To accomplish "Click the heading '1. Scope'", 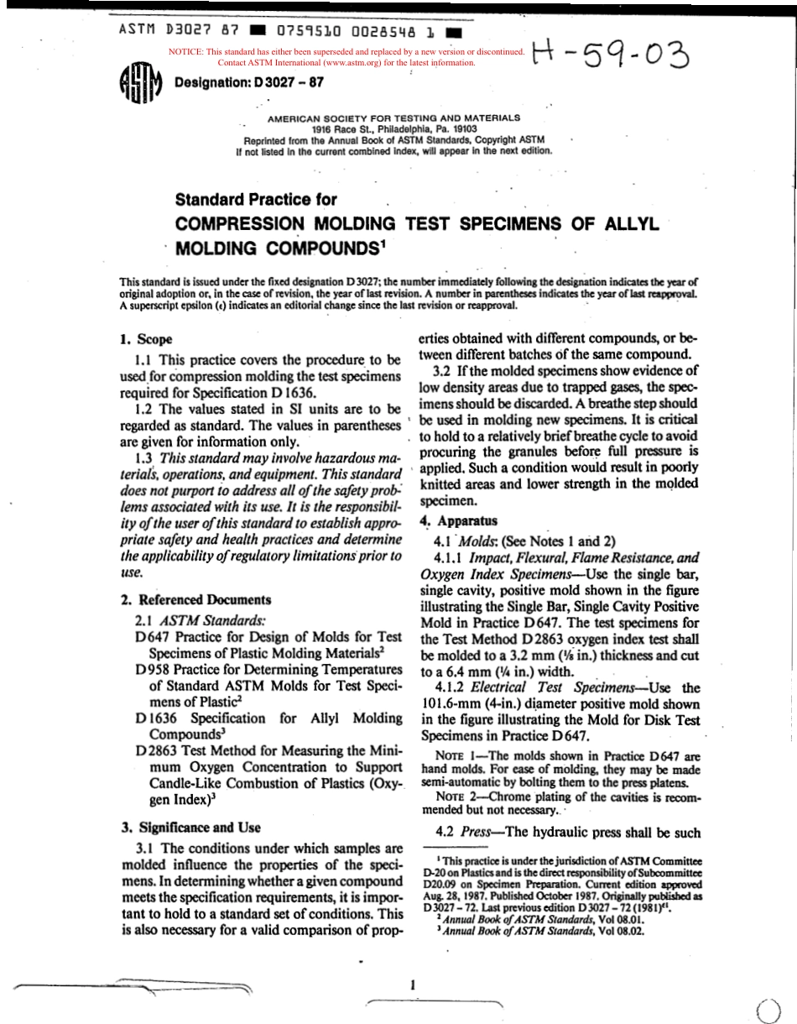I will tap(147, 340).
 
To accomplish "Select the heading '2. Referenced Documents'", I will tap(195, 599).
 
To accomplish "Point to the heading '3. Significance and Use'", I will tap(191, 827).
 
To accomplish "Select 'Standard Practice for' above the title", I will tap(256, 201).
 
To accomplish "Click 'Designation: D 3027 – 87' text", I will tap(247, 83).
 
